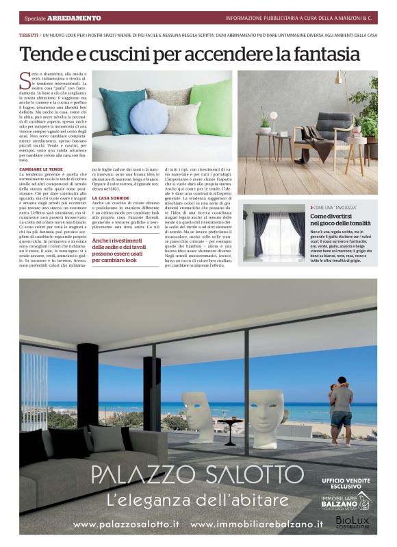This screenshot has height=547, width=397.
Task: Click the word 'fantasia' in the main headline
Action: click(x=319, y=53)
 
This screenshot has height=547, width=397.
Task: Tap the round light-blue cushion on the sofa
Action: click(x=149, y=116)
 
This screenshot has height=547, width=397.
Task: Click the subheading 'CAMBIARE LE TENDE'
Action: click(x=42, y=169)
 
